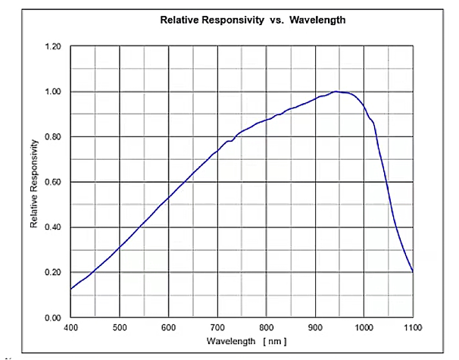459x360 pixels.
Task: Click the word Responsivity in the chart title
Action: [226, 20]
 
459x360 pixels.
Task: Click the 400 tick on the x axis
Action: [70, 327]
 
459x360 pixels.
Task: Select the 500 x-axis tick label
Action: [120, 327]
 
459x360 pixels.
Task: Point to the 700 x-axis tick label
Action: [217, 327]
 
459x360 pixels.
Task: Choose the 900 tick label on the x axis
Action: [315, 327]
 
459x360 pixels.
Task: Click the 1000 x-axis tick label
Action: [364, 327]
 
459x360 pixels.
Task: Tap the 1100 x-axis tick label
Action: [413, 327]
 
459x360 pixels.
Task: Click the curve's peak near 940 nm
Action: [336, 92]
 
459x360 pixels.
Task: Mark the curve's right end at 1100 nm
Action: [413, 271]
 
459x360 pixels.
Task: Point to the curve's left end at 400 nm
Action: [71, 289]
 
